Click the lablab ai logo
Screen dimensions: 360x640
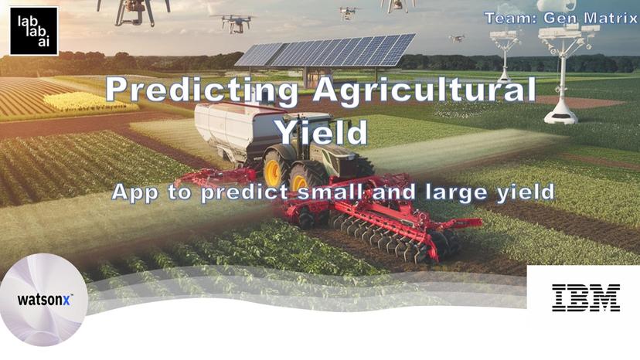(34, 31)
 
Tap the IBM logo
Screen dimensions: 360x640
(585, 297)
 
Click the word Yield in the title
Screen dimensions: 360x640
(322, 132)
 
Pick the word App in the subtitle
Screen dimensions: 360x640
(137, 192)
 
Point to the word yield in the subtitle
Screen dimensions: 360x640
(526, 192)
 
